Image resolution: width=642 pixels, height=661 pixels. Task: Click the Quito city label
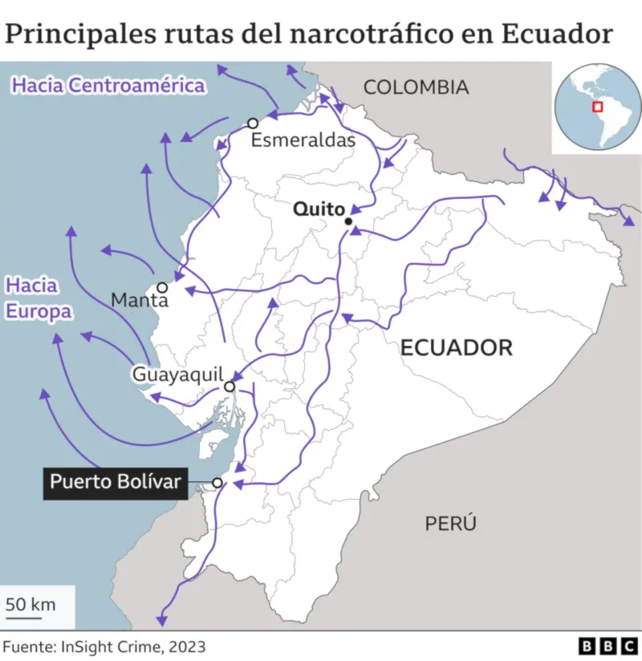coord(319,209)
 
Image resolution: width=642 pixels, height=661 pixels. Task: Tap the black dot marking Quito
coord(348,221)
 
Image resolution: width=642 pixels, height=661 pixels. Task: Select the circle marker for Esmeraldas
coord(253,123)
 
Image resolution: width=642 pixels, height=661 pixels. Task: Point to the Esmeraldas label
coord(303,140)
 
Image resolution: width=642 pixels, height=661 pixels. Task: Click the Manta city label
coord(140,300)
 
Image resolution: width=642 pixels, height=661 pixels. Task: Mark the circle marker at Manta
coord(162,287)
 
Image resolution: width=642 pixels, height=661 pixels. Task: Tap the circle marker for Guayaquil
coord(229,387)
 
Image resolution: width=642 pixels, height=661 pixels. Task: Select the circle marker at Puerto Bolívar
coord(217,482)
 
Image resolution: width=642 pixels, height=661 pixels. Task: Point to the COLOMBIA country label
coord(416,87)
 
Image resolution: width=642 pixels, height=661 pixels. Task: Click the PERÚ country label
coord(450,524)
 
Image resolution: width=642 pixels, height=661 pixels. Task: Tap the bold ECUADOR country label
coord(456,347)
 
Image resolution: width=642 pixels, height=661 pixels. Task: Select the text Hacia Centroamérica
coord(108,85)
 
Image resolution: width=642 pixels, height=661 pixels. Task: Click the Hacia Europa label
coord(38,298)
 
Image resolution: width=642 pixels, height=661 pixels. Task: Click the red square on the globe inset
coord(597,107)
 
